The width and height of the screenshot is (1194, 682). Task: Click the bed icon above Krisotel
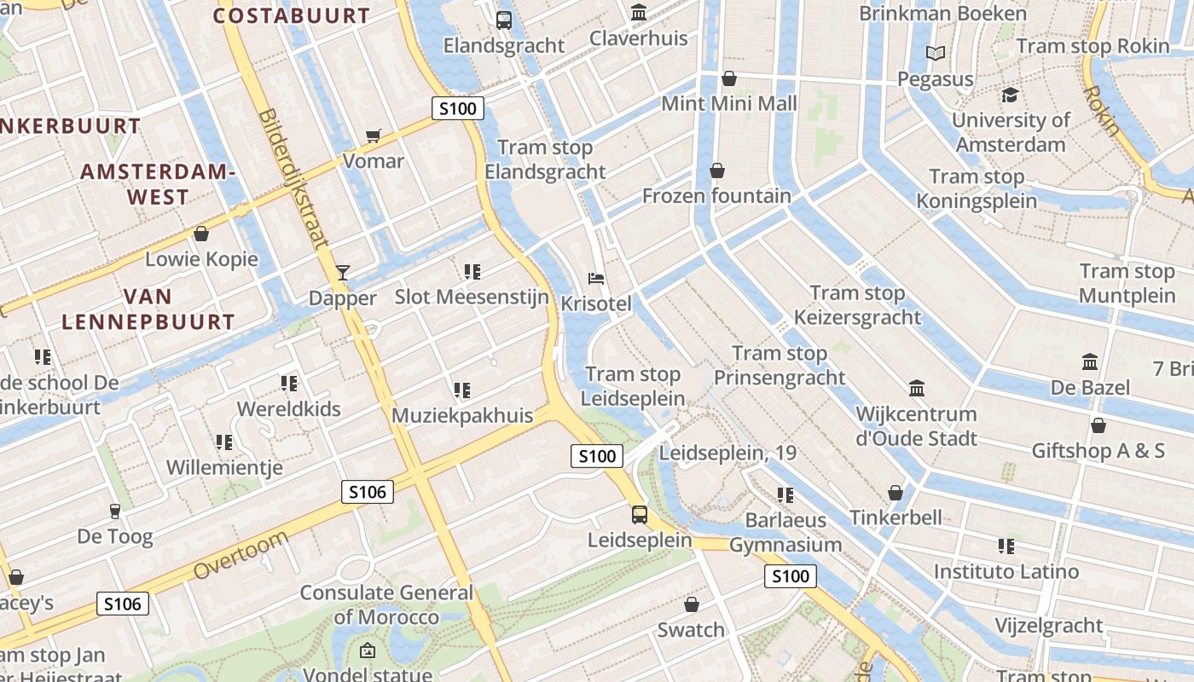click(x=597, y=279)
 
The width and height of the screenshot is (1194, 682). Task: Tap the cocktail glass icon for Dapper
click(x=343, y=273)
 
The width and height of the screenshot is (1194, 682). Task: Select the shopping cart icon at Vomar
click(x=373, y=136)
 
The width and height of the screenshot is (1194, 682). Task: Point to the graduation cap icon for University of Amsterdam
click(x=1011, y=95)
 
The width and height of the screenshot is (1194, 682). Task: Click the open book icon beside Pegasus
click(x=936, y=54)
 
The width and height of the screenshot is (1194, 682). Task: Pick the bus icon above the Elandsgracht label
click(x=504, y=20)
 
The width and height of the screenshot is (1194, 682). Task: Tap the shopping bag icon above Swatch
click(x=692, y=604)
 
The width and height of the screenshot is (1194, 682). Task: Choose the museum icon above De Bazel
click(x=1090, y=362)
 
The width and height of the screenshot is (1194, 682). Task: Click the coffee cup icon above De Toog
click(x=114, y=511)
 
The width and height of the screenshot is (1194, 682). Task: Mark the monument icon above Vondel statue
click(x=367, y=650)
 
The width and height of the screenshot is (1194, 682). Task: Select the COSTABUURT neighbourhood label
click(x=292, y=15)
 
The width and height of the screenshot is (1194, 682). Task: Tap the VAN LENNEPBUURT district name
click(x=148, y=309)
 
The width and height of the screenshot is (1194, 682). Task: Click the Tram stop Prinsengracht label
click(x=780, y=365)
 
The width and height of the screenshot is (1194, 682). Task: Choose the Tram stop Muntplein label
click(x=1127, y=283)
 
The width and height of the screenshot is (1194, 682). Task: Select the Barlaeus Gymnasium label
click(x=785, y=532)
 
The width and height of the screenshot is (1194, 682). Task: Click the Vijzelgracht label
click(x=1049, y=626)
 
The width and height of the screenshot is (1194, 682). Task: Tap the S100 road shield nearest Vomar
click(x=458, y=108)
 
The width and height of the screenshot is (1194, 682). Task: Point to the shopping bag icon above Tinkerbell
click(x=895, y=493)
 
